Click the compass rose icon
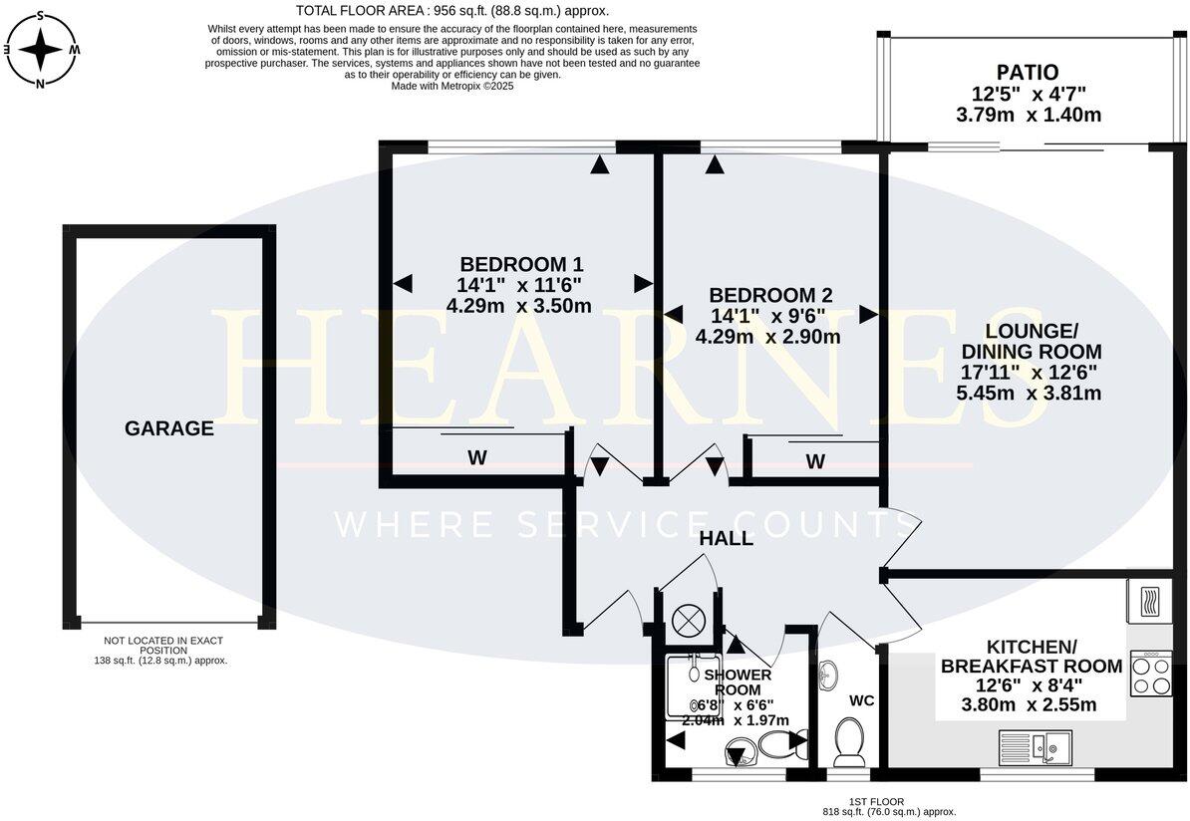click(x=40, y=48)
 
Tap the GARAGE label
click(x=168, y=428)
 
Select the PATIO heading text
click(x=1029, y=73)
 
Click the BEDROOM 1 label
click(x=521, y=264)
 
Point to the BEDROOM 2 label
click(x=769, y=295)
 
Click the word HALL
click(x=726, y=539)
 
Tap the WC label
click(x=861, y=700)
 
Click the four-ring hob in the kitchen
click(x=1150, y=675)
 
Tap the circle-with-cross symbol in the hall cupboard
click(x=688, y=620)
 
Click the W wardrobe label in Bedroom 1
click(x=477, y=458)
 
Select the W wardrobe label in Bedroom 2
click(x=815, y=461)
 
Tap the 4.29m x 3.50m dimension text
click(x=519, y=306)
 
